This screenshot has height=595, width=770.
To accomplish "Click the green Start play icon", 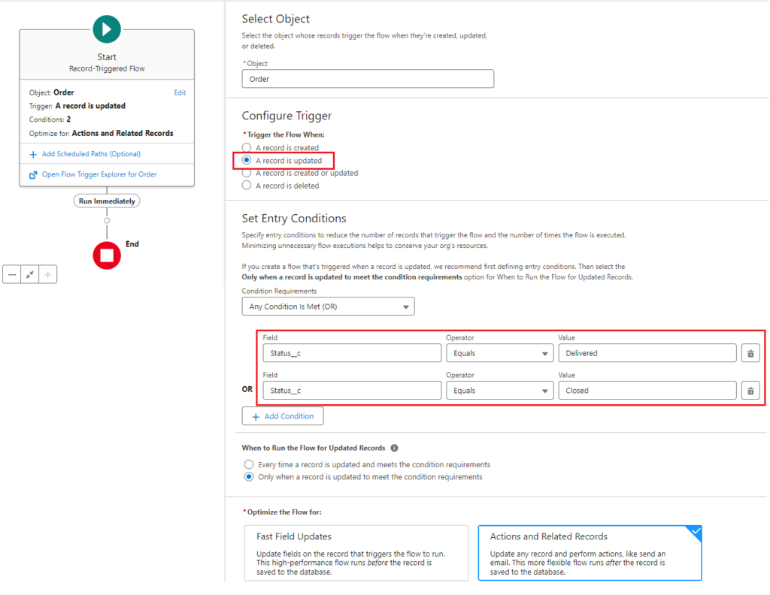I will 107,29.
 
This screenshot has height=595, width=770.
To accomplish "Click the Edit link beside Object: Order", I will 180,93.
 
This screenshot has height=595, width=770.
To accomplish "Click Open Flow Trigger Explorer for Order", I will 99,174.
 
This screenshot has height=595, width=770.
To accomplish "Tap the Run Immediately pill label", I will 107,201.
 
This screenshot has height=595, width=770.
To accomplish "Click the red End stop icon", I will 107,255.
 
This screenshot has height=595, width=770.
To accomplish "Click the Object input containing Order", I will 368,79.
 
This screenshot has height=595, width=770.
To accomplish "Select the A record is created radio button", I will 247,148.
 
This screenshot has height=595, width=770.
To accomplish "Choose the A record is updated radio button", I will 247,161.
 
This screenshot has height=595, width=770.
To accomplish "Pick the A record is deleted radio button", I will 247,186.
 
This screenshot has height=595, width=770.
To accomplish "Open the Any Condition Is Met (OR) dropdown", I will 328,307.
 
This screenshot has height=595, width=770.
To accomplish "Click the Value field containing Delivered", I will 647,353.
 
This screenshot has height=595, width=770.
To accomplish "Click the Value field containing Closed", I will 647,391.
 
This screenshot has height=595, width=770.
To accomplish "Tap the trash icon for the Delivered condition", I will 750,353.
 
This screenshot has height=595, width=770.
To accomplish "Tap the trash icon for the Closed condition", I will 750,391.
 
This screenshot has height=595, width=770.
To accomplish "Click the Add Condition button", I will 283,416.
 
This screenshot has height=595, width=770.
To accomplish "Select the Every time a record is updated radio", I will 249,464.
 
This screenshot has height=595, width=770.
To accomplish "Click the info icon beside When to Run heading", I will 395,448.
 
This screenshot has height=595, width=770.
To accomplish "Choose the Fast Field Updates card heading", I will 294,536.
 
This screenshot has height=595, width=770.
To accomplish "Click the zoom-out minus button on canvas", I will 12,275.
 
